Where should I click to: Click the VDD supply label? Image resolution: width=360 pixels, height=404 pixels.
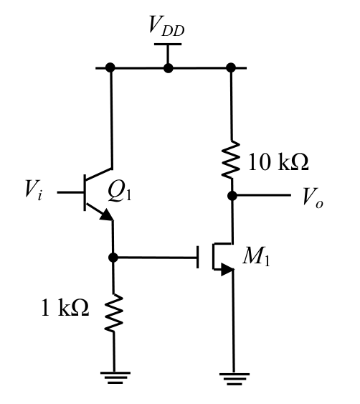(167, 26)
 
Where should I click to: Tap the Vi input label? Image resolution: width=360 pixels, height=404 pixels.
(33, 190)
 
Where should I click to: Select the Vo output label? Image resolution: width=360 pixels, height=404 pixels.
(313, 197)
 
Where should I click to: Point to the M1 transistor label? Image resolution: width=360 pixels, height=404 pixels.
(256, 256)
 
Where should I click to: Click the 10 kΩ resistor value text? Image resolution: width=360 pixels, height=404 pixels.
(278, 161)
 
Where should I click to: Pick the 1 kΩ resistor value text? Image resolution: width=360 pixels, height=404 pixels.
(65, 307)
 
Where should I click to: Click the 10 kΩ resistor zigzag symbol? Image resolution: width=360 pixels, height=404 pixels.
(231, 159)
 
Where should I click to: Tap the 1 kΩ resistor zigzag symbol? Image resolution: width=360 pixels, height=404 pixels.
(113, 312)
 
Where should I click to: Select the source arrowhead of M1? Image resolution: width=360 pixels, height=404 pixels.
(227, 270)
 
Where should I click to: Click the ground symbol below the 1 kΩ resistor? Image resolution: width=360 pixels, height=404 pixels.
(115, 377)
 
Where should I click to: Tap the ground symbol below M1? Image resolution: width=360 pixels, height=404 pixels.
(235, 379)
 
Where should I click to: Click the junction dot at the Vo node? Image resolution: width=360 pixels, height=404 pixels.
(232, 196)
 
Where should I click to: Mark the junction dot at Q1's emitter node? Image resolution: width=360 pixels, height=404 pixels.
(113, 257)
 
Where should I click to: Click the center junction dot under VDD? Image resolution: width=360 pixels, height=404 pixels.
(168, 68)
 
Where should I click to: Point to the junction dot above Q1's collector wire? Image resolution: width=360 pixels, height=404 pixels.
(110, 67)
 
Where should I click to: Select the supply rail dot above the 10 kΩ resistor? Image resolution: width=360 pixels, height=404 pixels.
(231, 67)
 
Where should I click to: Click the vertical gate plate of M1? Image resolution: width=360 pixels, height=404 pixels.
(198, 257)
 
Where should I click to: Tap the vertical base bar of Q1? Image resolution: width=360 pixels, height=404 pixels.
(85, 192)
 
